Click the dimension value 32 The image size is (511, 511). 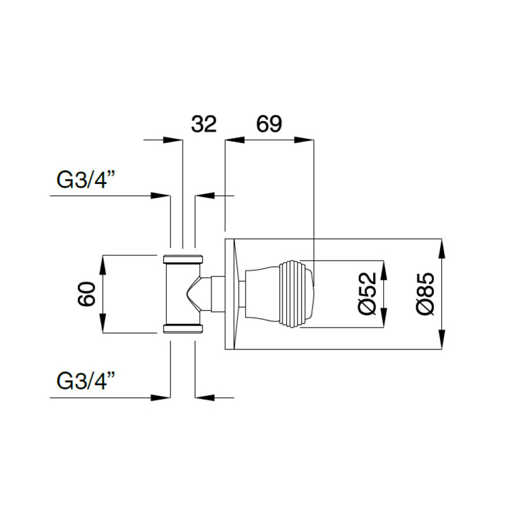[x=204, y=123]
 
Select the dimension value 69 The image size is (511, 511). [x=269, y=123]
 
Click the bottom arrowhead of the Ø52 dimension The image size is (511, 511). [x=383, y=319]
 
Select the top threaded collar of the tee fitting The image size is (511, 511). [x=183, y=259]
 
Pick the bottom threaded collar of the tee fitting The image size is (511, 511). [x=183, y=329]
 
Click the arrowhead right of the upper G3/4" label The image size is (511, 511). [x=161, y=195]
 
